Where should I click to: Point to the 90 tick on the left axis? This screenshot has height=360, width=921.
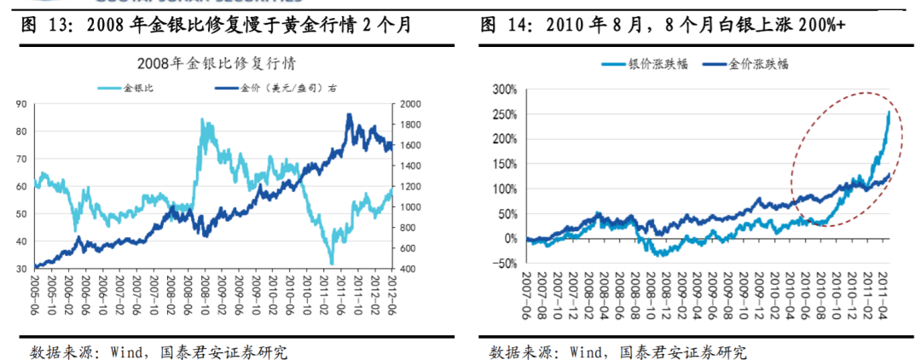coord(20,104)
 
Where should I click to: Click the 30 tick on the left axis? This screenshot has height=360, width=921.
coord(20,269)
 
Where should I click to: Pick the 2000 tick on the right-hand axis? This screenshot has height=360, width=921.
coord(408,104)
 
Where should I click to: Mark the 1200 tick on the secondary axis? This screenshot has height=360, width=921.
coord(408,186)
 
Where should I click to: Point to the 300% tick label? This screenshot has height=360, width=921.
coord(505,89)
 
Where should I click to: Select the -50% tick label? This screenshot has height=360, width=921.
coord(505,264)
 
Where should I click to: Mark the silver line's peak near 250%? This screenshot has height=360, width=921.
coord(889,112)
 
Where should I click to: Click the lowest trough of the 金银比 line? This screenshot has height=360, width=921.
coord(330,264)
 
